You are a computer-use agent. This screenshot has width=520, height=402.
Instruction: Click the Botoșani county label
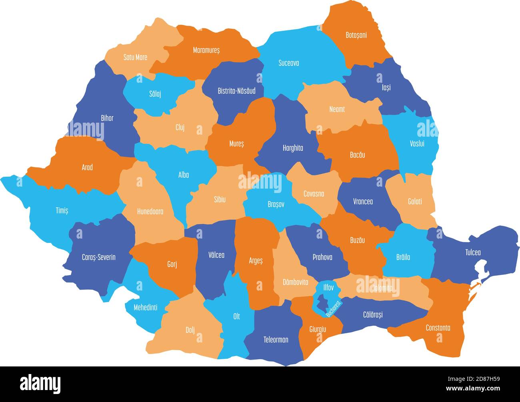tap(356, 35)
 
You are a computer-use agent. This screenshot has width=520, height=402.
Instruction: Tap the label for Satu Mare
tap(135, 57)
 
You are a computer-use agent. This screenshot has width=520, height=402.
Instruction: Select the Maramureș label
tap(206, 50)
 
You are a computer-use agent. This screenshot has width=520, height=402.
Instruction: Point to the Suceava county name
tap(288, 63)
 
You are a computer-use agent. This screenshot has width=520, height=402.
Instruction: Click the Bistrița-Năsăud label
tap(236, 91)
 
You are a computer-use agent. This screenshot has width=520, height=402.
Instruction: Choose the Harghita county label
tap(293, 148)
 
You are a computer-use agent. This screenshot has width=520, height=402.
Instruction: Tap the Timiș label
tap(62, 210)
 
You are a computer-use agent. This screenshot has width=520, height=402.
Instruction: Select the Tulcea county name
tap(473, 252)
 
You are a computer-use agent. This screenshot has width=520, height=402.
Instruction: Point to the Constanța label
tap(438, 328)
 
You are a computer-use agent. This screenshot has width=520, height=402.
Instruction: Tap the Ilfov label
tap(328, 287)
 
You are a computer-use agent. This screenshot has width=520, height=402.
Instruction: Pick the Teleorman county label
tap(276, 340)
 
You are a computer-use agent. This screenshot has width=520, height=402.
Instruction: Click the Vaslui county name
tap(417, 143)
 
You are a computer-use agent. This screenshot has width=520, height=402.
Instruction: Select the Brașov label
tap(276, 204)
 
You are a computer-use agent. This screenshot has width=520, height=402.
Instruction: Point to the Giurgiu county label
tap(318, 329)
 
